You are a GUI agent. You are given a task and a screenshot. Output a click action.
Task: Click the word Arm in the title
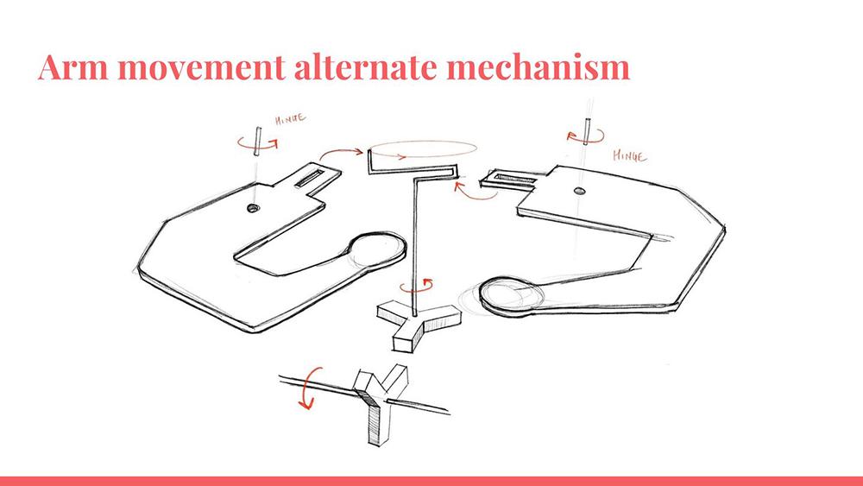coord(72,66)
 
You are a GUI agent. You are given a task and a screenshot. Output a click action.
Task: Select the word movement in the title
coord(201,67)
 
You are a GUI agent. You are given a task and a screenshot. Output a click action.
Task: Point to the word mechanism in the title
coord(538,66)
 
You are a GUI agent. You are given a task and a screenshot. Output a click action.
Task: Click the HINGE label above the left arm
coord(290,119)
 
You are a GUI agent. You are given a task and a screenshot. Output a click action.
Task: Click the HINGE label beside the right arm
coord(630,156)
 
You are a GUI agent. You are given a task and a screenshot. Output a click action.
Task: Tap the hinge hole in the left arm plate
coord(253,208)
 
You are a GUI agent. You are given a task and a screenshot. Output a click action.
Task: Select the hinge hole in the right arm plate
coord(579,191)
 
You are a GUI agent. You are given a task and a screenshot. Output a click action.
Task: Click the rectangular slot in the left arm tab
coord(310,179)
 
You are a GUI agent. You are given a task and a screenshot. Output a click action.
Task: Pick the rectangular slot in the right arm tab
coord(515,178)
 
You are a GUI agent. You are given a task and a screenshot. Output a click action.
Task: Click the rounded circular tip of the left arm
coord(378,249)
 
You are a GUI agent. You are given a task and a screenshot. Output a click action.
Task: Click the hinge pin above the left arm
coord(257,142)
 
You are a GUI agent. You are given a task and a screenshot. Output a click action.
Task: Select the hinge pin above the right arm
coord(587,131)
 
